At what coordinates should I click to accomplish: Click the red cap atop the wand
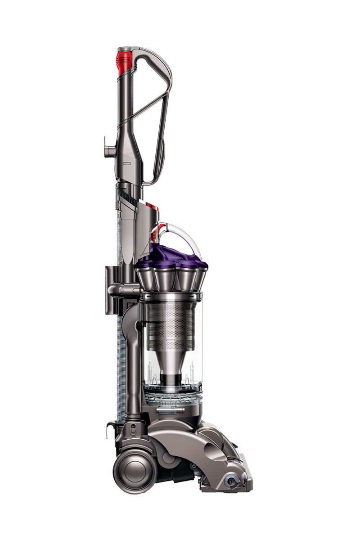(124, 62)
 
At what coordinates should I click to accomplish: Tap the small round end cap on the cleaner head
(232, 481)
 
